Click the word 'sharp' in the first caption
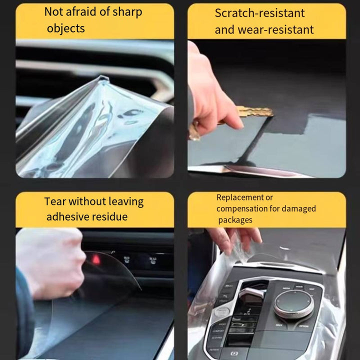[127, 12]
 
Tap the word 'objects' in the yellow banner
[66, 29]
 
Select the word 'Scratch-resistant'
[259, 13]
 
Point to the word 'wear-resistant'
[275, 30]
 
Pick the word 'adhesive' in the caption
[70, 216]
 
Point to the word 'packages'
[235, 220]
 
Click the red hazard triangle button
[96, 259]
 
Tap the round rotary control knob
[293, 304]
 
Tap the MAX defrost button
[126, 259]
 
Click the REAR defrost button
[153, 260]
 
